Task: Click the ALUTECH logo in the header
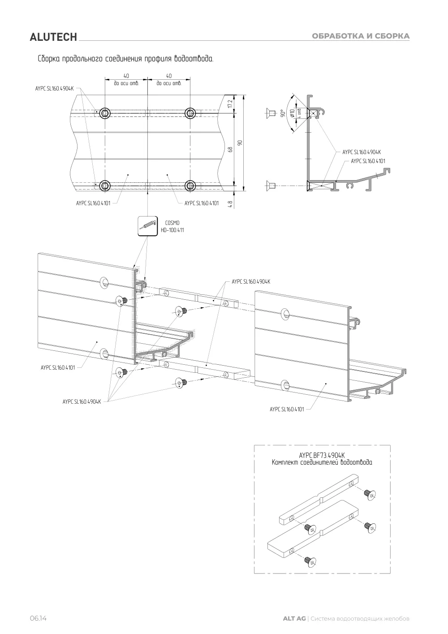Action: tap(53, 37)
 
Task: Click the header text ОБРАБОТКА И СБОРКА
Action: tap(361, 36)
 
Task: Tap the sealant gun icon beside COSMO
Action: tap(147, 226)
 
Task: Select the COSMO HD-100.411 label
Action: tap(172, 226)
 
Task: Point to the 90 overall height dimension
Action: tap(240, 142)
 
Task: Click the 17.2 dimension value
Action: tap(230, 104)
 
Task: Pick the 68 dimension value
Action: tap(230, 149)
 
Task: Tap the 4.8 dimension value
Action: tap(230, 204)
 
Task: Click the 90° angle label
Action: tap(282, 113)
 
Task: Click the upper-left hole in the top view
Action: tap(105, 113)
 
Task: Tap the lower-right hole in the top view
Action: tap(190, 186)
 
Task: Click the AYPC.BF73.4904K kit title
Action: tap(322, 455)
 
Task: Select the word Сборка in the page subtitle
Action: tap(49, 59)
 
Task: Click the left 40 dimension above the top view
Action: tap(126, 76)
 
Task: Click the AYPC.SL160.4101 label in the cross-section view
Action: tap(368, 161)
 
